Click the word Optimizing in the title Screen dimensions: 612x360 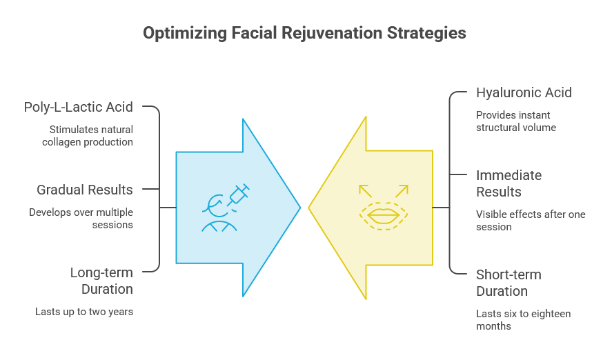[x=185, y=33]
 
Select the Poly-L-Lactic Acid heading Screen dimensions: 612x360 [x=79, y=108]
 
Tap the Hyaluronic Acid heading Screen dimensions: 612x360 [x=524, y=93]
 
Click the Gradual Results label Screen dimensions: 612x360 [x=85, y=190]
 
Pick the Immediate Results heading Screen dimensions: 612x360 [x=509, y=183]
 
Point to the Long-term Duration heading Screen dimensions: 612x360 [x=101, y=281]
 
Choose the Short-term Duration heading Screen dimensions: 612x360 [x=509, y=283]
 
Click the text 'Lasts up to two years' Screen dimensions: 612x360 [x=84, y=312]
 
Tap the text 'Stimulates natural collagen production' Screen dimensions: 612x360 [x=88, y=136]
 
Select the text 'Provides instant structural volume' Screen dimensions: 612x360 [x=516, y=121]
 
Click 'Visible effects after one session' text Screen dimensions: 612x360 [x=531, y=221]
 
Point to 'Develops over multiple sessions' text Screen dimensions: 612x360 [x=81, y=219]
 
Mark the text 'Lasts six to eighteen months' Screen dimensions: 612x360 [x=524, y=320]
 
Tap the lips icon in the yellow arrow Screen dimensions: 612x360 [x=384, y=216]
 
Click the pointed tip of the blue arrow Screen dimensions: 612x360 [x=300, y=208]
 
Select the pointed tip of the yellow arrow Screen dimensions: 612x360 [x=308, y=208]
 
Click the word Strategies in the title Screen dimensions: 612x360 [x=426, y=33]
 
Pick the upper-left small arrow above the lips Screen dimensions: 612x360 [x=365, y=191]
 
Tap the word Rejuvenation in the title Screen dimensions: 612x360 [x=333, y=33]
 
